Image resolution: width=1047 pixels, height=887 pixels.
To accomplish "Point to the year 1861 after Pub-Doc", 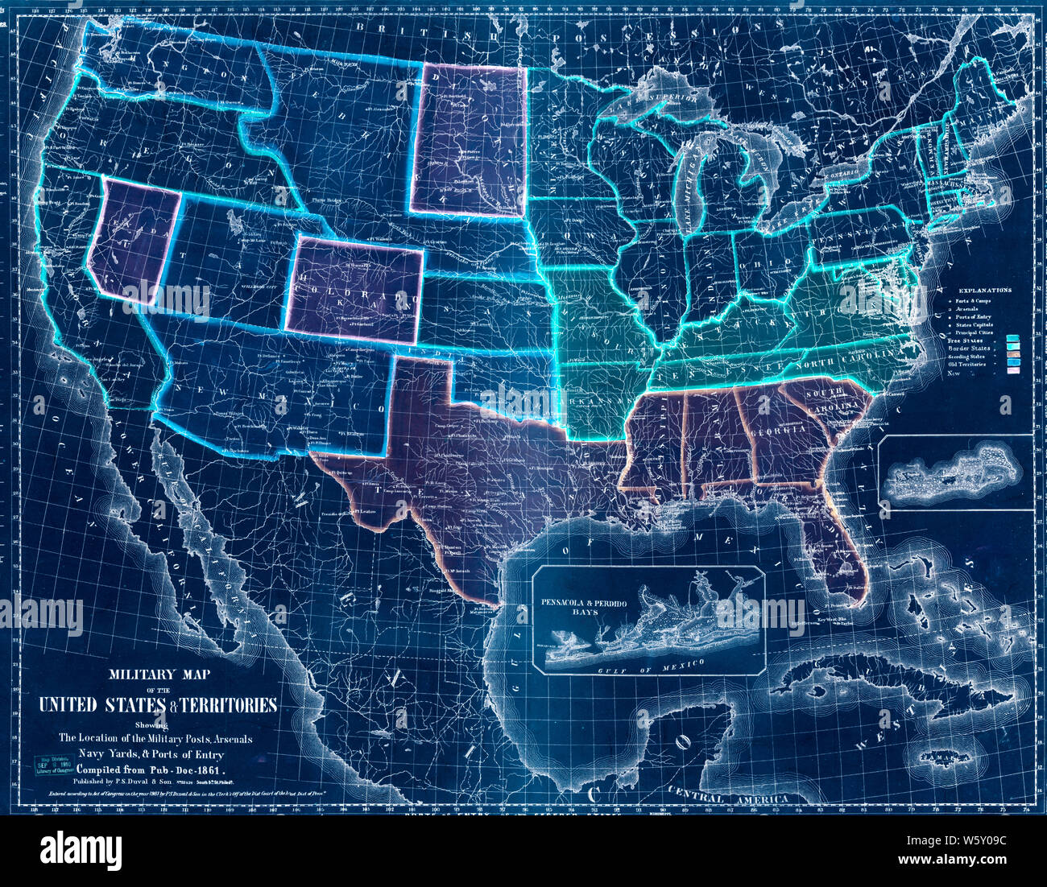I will click(x=216, y=767).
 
